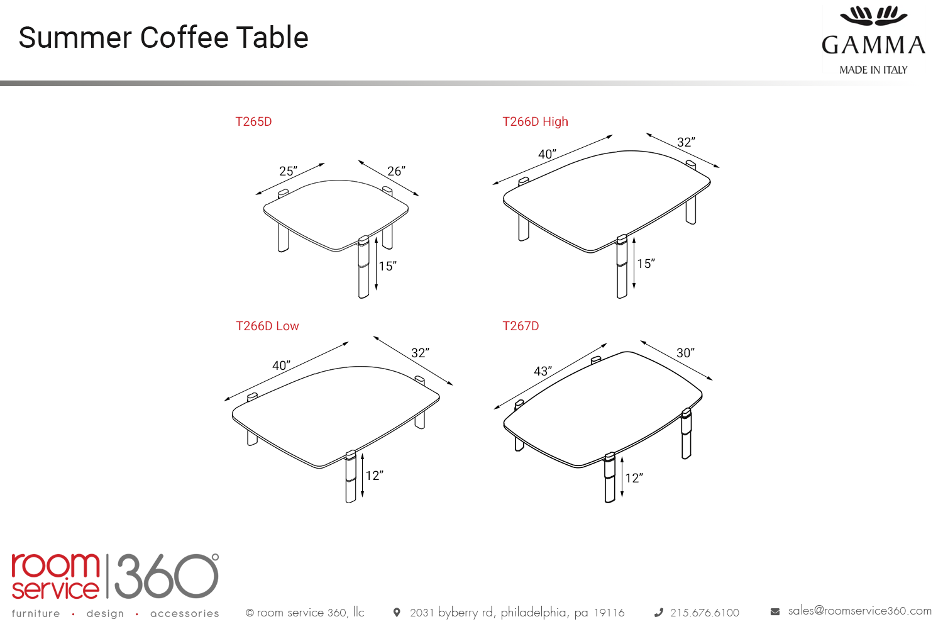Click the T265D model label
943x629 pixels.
pos(253,122)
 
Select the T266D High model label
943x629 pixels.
pos(535,122)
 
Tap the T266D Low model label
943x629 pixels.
pos(267,326)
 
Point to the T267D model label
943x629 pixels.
pos(521,326)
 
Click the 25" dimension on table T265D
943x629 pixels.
pos(289,171)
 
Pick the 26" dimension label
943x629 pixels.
pos(396,171)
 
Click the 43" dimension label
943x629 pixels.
pos(543,371)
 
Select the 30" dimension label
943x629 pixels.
pos(685,353)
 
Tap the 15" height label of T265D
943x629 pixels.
pos(387,266)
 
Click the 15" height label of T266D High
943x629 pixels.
pos(646,264)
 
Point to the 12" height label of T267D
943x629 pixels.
pos(634,478)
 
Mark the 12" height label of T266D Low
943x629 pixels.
pos(374,476)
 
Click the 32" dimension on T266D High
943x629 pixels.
pos(686,142)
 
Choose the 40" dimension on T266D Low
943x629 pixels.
pos(281,365)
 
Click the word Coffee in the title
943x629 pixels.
pos(184,38)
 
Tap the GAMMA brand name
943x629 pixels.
pos(874,45)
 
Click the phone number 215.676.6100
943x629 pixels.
pos(705,613)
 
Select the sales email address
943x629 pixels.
pos(859,611)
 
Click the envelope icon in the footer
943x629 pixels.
pos(775,612)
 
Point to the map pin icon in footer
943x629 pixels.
pos(397,613)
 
